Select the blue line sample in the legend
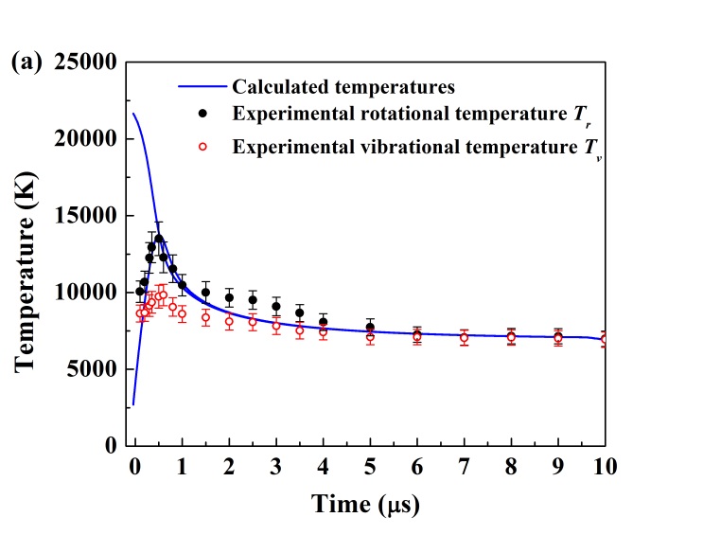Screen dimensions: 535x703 click(202, 87)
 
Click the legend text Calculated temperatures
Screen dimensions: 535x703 click(343, 87)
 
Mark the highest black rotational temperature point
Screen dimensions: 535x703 click(159, 239)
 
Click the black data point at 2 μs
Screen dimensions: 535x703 click(229, 297)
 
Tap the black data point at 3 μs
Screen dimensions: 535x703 click(276, 306)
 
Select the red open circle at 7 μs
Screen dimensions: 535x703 click(464, 337)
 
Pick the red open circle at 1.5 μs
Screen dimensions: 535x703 click(205, 317)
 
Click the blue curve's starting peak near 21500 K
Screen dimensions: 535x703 click(133, 115)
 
